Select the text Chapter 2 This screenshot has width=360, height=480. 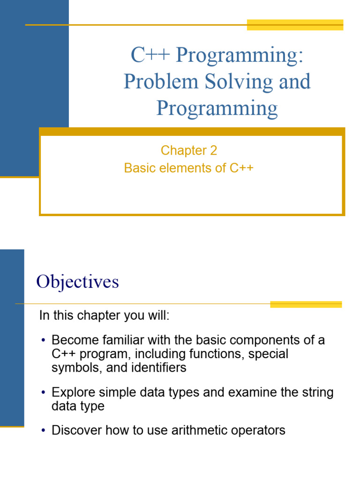(x=189, y=150)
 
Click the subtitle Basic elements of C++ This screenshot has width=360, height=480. (x=189, y=168)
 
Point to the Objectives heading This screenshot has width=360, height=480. (x=78, y=282)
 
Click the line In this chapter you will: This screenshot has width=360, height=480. (x=104, y=315)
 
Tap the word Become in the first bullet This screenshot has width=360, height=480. (x=73, y=340)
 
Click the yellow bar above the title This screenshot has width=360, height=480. (x=295, y=25)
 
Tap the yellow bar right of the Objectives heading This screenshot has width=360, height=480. (x=306, y=304)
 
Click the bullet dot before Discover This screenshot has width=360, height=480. (x=43, y=431)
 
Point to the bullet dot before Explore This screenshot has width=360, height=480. (x=43, y=392)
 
